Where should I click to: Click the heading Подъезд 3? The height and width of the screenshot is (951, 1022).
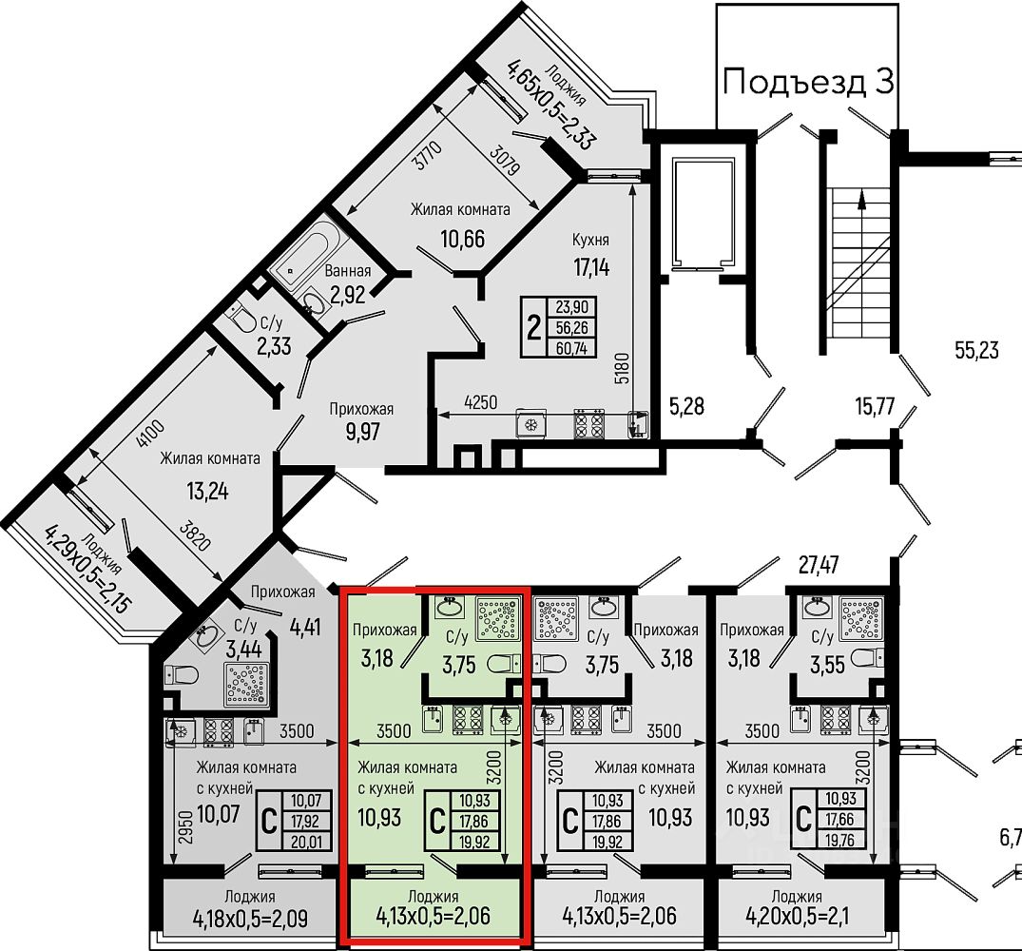(x=808, y=82)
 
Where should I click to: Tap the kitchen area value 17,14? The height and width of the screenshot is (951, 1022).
(x=590, y=266)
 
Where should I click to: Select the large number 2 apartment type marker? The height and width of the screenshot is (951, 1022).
(x=533, y=328)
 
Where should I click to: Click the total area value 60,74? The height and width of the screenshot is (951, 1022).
(x=575, y=347)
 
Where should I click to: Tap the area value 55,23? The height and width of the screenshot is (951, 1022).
(x=976, y=350)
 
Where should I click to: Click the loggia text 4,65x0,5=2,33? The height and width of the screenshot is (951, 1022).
(x=550, y=106)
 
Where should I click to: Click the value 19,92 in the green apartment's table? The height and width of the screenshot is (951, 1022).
(x=476, y=840)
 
